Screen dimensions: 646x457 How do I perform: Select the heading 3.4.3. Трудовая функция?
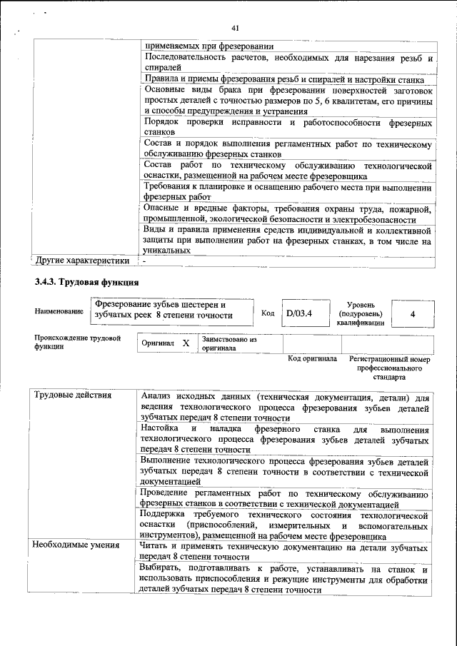pos(86,283)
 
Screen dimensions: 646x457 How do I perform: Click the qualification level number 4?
pos(413,313)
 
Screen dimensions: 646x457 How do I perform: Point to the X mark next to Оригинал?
pos(185,343)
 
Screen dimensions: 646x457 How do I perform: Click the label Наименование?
pos(59,312)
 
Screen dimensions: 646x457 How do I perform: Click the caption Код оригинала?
pos(312,358)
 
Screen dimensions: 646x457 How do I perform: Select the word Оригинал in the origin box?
pos(158,343)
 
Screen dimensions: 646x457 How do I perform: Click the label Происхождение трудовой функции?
pos(77,342)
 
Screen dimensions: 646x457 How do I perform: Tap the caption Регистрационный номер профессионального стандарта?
pos(389,367)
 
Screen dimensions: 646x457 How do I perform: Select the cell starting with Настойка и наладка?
pos(285,440)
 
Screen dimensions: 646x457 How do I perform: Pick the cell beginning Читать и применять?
pos(285,551)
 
